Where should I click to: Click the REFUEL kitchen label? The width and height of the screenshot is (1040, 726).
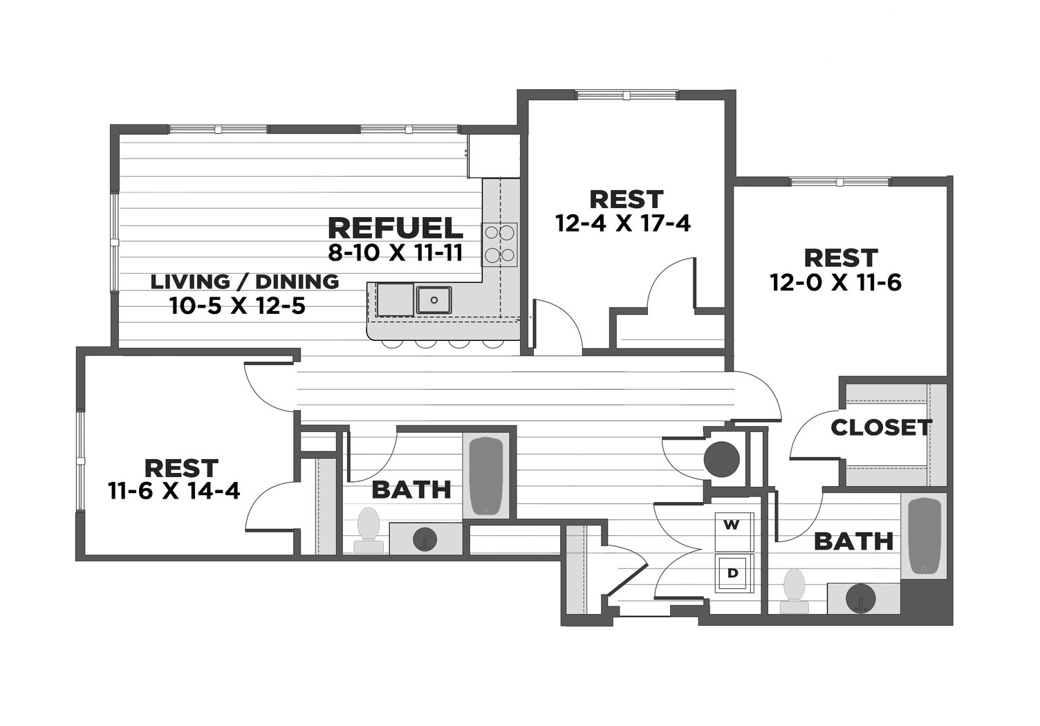395,227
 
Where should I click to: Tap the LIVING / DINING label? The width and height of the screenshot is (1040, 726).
245,281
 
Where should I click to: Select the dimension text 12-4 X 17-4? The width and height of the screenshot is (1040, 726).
623,223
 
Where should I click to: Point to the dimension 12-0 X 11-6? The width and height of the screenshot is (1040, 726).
835,282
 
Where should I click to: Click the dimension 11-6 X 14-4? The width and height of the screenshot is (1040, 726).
174,491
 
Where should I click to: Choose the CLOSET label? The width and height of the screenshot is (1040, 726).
881,427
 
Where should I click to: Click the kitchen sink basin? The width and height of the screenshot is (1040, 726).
434,300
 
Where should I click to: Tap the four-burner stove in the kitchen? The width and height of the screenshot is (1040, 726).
500,243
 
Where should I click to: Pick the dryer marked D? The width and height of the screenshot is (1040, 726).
732,573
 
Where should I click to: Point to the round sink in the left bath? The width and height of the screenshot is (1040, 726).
425,539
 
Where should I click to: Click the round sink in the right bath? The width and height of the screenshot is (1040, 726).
862,597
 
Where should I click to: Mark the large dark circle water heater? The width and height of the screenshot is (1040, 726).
721,458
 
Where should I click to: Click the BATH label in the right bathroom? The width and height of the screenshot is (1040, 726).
853,541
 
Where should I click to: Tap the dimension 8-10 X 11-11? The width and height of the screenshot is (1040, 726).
395,253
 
